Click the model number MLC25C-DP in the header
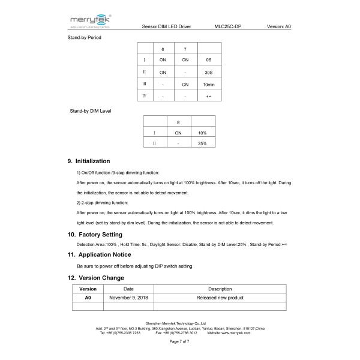(227, 27)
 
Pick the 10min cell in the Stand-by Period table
(208, 84)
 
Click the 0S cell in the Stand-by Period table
(208, 60)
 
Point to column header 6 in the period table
(162, 49)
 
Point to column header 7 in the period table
(185, 49)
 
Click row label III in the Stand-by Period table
(145, 84)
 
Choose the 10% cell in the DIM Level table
(202, 133)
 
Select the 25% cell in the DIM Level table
(202, 144)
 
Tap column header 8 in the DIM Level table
(178, 121)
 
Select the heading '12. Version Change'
(96, 278)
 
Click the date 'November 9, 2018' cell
(128, 297)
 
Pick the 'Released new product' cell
(220, 297)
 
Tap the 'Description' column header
(220, 289)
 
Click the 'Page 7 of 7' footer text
(179, 341)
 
